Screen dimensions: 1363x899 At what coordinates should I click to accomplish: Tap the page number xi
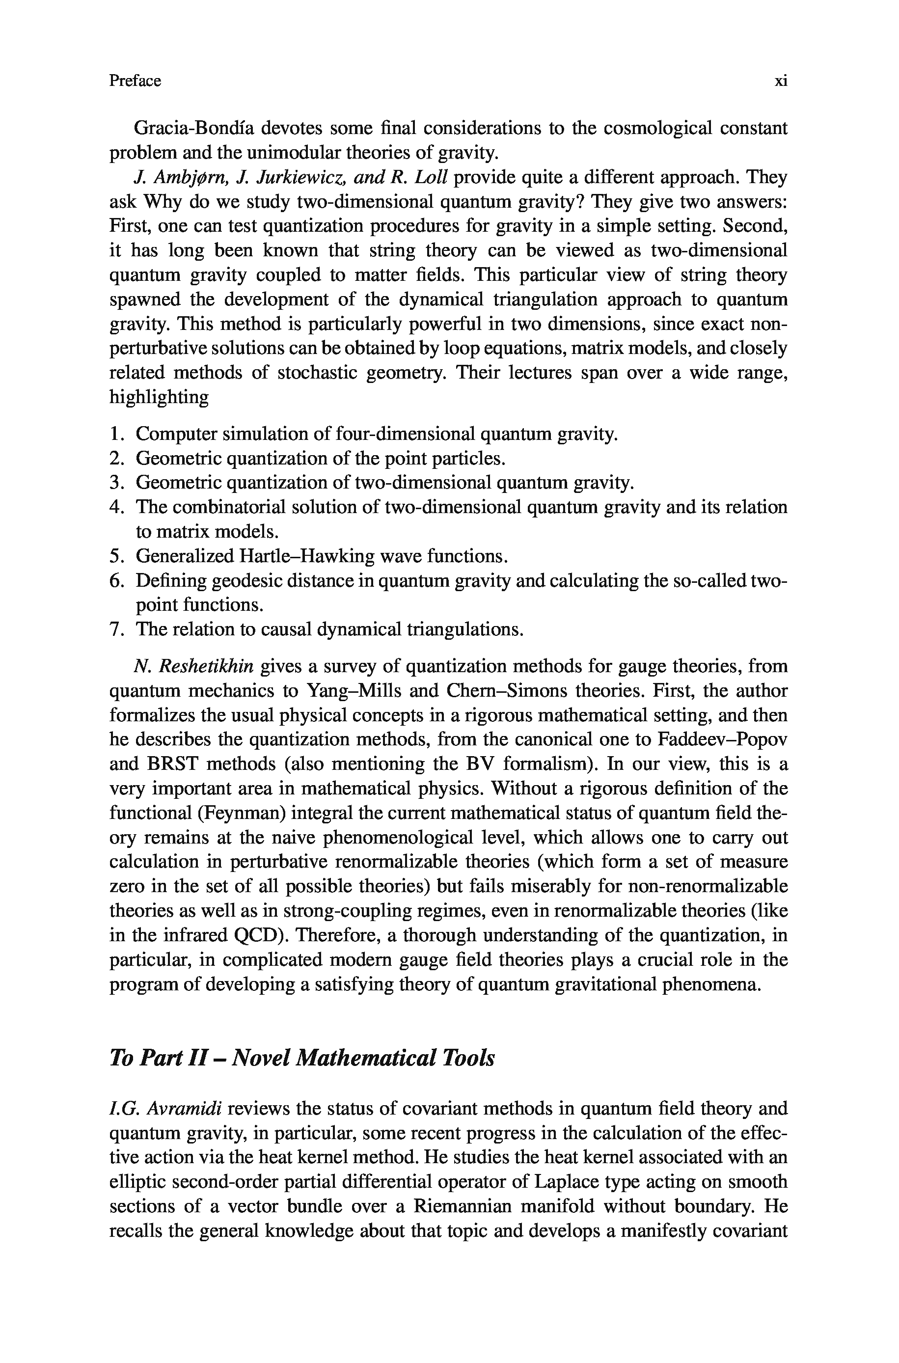point(780,81)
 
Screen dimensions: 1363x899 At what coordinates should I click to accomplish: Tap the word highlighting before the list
point(159,397)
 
